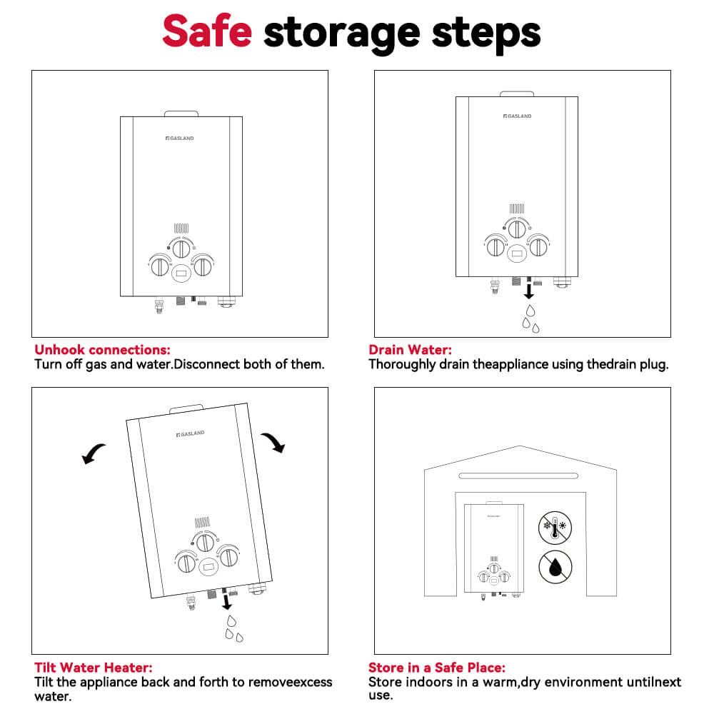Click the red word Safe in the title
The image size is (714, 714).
(206, 32)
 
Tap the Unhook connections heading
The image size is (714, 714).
(102, 350)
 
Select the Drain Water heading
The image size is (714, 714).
(410, 350)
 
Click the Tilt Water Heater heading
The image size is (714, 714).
(93, 668)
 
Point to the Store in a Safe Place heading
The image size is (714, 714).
(436, 668)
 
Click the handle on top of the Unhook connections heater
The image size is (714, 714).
(181, 113)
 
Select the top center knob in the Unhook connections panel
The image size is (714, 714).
(181, 248)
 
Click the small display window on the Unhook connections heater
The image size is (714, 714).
(181, 273)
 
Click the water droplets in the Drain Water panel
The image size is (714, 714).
(530, 318)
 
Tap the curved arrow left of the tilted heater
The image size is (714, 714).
(94, 453)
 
